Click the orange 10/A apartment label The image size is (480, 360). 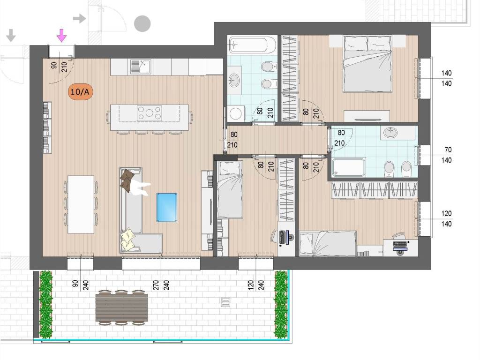coord(80,91)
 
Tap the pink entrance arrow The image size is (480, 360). coord(62,35)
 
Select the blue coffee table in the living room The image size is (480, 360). coord(166,207)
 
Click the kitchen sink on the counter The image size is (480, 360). coord(141,67)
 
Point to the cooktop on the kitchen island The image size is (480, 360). coord(150,113)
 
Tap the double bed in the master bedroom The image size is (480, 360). coord(367,64)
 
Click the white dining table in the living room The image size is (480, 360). coord(81,204)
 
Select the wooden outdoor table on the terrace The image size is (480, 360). coord(122,307)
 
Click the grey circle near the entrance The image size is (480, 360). coord(142,23)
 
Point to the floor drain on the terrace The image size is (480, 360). coord(225,302)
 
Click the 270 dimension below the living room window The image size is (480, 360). coord(156,285)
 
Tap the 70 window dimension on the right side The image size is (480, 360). coord(448,150)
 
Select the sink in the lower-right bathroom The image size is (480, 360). coord(390,133)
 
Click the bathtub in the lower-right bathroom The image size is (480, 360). coord(349,167)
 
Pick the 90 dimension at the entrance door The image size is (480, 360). coord(54,66)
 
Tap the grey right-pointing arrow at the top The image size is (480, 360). coord(80,18)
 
